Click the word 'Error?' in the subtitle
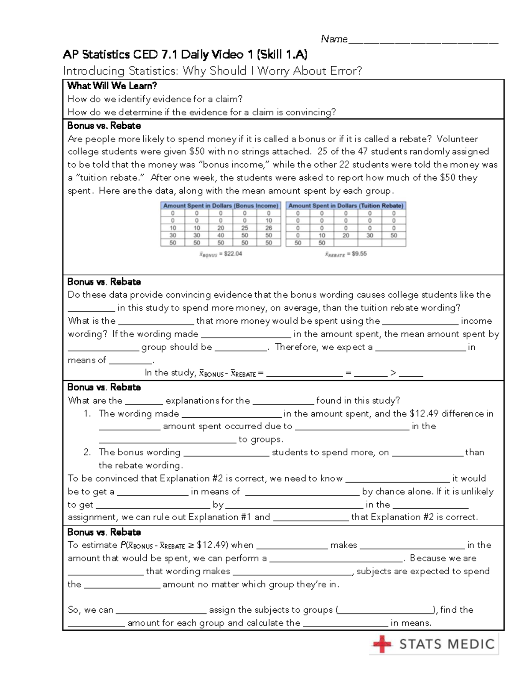[346, 71]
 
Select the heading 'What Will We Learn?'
[112, 86]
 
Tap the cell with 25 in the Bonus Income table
[245, 228]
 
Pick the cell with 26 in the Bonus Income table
[268, 228]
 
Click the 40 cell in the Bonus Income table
[220, 236]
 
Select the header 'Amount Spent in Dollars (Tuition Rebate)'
[346, 206]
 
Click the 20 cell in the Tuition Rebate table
[346, 236]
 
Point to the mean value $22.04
[233, 254]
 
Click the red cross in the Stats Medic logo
[381, 644]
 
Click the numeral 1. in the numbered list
[87, 414]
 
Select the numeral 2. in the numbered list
[87, 452]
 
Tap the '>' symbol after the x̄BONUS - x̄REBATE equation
[393, 374]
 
